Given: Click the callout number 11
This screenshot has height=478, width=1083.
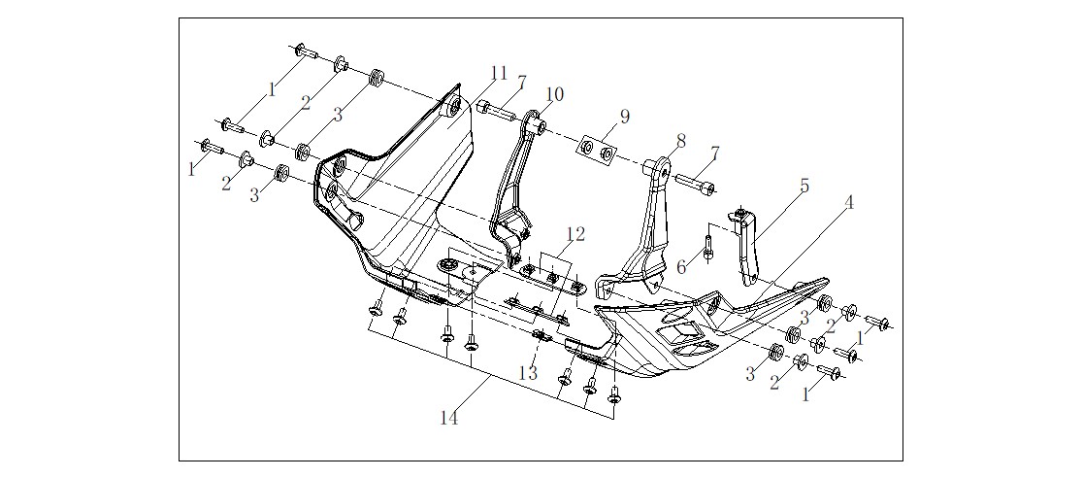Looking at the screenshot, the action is click(x=500, y=73).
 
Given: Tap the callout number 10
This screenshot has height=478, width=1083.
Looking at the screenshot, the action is click(x=555, y=94).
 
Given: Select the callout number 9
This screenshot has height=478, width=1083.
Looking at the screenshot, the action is click(x=624, y=117).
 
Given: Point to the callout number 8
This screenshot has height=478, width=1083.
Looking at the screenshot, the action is click(x=681, y=141).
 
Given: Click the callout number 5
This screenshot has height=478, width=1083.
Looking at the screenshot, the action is click(x=804, y=187).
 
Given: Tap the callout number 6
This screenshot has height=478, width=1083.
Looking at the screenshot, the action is click(x=681, y=267).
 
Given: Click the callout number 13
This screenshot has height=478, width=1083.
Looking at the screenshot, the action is click(x=528, y=373).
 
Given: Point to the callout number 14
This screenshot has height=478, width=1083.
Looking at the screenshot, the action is click(x=449, y=419).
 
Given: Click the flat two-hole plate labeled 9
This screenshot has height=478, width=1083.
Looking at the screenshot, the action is click(x=597, y=150).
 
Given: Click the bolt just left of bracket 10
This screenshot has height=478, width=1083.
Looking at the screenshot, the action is click(x=496, y=110).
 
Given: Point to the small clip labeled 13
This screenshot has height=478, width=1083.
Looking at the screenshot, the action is click(x=542, y=337).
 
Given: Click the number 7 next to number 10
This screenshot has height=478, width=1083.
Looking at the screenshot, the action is click(x=521, y=83).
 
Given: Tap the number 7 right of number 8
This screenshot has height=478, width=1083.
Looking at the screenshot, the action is click(x=715, y=154).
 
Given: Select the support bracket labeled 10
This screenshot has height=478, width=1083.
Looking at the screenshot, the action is click(x=518, y=187).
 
